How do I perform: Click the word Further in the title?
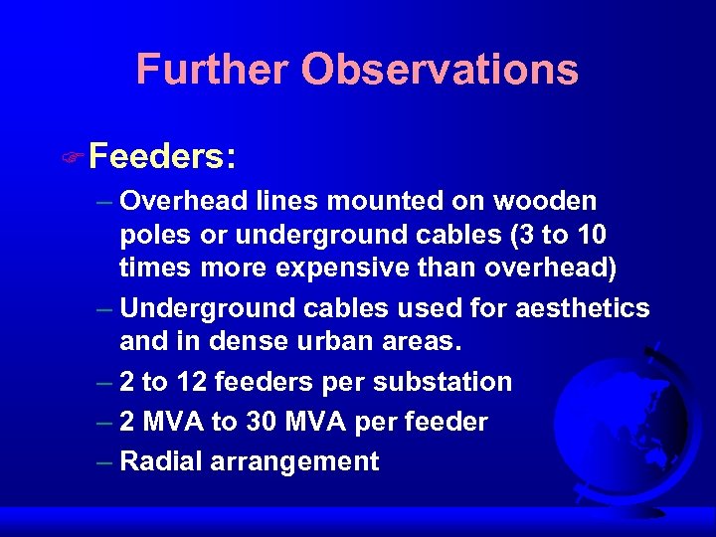point(213,70)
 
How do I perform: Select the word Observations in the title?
point(440,70)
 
